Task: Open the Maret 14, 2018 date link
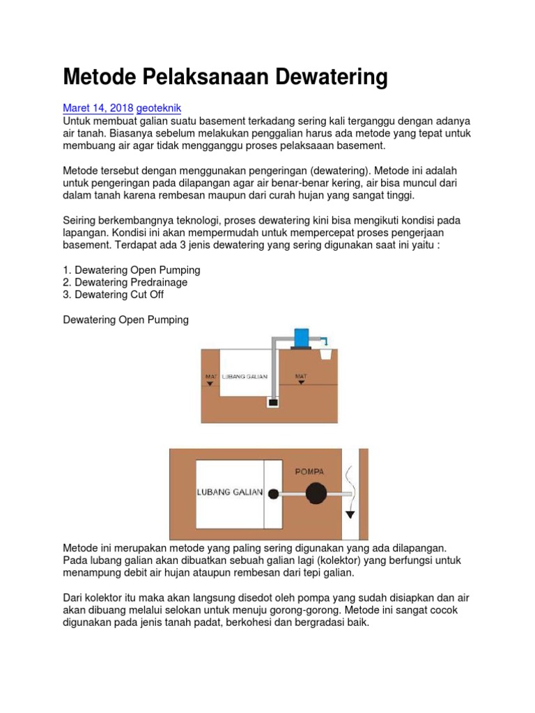98,108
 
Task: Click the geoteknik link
159,108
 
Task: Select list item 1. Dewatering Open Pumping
132,269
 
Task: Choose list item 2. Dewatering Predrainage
125,282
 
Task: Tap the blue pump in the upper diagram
303,338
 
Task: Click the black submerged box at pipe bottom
273,402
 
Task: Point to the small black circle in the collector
273,494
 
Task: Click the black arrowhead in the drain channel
350,515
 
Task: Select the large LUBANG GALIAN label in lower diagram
229,492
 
